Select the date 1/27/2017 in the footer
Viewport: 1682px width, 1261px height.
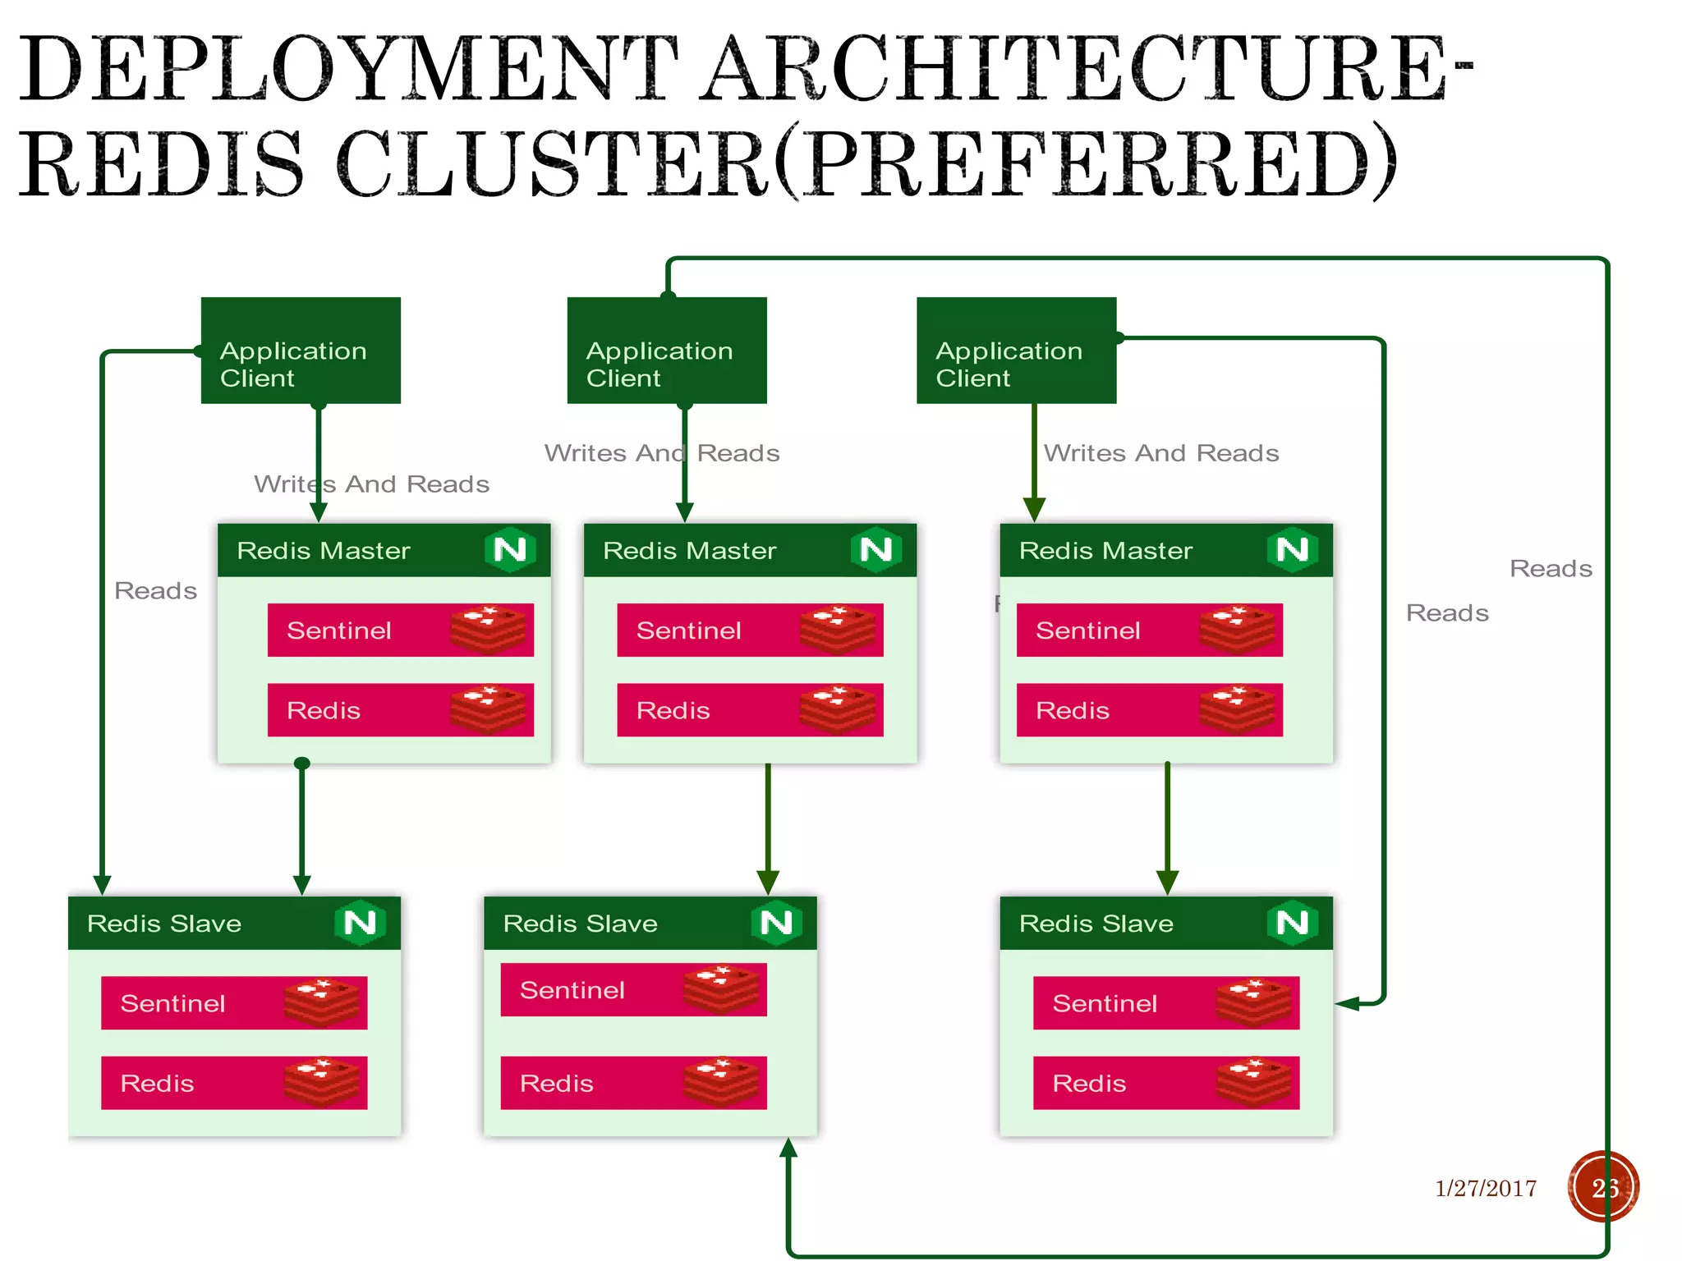[x=1485, y=1188]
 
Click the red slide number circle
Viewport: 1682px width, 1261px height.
[x=1603, y=1187]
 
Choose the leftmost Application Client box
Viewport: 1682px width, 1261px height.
[x=301, y=351]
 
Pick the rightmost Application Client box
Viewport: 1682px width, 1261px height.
[x=1016, y=351]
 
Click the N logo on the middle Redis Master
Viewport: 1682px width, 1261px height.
[x=875, y=549]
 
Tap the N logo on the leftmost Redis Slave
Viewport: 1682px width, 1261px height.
[x=360, y=923]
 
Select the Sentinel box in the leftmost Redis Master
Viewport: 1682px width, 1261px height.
[x=400, y=630]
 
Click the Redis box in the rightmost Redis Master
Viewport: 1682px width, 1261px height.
[x=1149, y=710]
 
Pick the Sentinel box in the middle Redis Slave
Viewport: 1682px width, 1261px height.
[x=633, y=990]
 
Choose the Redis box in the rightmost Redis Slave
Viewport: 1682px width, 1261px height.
[x=1165, y=1083]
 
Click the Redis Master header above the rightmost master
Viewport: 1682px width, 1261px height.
[x=1105, y=550]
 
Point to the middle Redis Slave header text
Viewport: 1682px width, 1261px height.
[x=580, y=924]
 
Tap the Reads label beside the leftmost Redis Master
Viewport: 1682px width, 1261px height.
[x=155, y=590]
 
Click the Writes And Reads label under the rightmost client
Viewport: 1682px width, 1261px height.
[x=1161, y=453]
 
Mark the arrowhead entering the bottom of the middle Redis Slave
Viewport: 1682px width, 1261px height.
[x=788, y=1148]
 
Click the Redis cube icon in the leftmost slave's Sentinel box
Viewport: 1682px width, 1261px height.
[x=321, y=1002]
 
